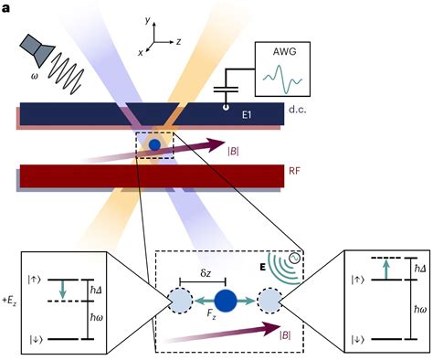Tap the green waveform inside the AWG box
point(284,79)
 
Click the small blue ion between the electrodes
point(155,144)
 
